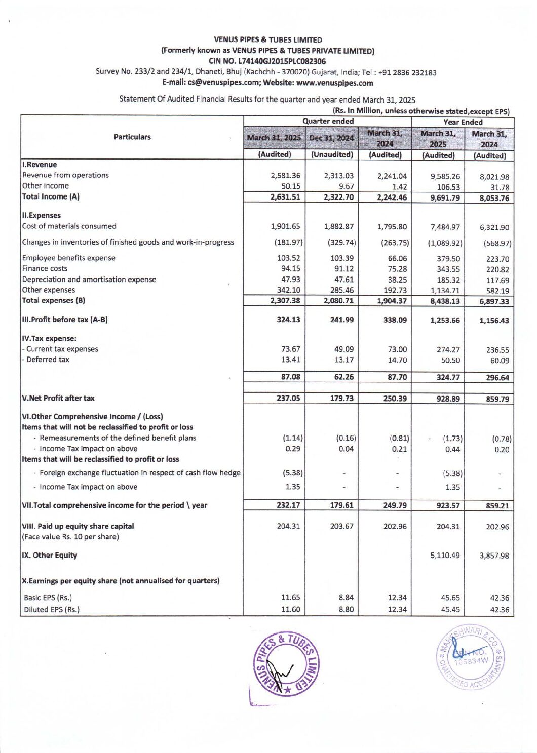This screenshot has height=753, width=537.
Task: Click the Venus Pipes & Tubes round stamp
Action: (x=286, y=664)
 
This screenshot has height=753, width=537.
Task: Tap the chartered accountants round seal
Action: (x=470, y=657)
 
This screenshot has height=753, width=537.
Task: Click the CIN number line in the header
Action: (x=267, y=61)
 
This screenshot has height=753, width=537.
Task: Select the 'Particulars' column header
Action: (x=132, y=137)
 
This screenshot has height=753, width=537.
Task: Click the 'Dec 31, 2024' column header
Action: (x=331, y=138)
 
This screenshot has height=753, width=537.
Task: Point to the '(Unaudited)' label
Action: (x=332, y=155)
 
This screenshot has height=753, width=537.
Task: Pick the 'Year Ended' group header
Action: (x=463, y=122)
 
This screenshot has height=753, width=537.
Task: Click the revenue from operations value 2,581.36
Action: (x=285, y=176)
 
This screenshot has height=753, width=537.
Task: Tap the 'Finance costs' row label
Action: (x=45, y=268)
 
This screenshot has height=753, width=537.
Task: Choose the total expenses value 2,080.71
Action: (x=338, y=301)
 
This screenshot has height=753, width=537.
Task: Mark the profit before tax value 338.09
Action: (x=395, y=320)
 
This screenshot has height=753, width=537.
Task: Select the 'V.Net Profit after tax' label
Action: (x=58, y=398)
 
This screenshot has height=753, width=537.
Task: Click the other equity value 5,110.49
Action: (x=445, y=556)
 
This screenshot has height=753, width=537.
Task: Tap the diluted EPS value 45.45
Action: (x=450, y=610)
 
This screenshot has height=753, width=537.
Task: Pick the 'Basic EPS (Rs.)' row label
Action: (x=48, y=598)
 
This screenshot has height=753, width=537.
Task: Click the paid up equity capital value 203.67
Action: (x=341, y=527)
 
